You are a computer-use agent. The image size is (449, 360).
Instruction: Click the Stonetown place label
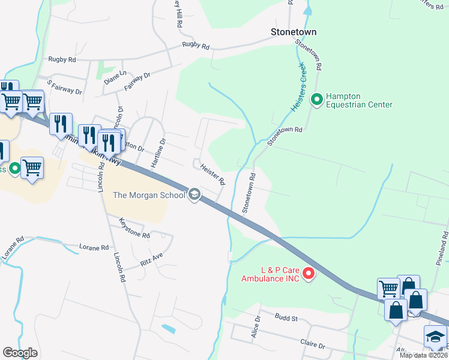[x=294, y=31]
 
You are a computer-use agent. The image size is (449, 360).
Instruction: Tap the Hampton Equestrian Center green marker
[x=317, y=100]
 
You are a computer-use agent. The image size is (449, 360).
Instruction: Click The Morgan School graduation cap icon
[x=194, y=194]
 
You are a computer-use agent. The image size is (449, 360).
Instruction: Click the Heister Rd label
[x=212, y=175]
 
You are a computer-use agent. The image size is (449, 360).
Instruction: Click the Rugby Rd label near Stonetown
[x=196, y=46]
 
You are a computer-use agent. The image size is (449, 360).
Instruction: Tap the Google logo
[x=20, y=353]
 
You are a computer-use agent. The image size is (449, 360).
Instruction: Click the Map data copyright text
[x=423, y=355]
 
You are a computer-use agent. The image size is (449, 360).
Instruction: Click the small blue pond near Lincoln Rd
[x=169, y=329]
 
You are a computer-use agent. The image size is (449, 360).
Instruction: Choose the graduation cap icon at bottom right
[x=435, y=337]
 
